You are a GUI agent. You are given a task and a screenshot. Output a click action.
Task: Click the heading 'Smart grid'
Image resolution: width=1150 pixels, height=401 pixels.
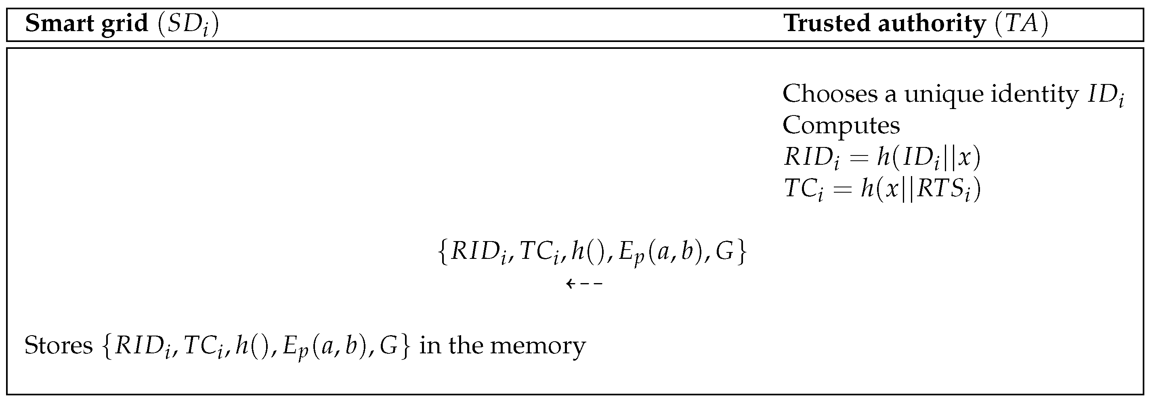click(x=86, y=23)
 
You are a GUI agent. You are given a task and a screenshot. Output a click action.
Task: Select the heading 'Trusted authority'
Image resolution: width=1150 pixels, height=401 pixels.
click(x=885, y=23)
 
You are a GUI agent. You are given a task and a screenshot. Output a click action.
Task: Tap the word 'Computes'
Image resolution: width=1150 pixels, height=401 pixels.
click(x=841, y=126)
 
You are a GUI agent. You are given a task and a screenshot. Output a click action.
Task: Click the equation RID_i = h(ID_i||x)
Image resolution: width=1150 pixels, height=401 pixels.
click(x=882, y=157)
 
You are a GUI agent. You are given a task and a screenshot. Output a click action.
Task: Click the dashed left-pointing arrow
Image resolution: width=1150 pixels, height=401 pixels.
click(x=584, y=283)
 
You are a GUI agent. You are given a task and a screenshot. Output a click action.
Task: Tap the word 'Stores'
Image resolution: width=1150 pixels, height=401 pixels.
click(x=58, y=346)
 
